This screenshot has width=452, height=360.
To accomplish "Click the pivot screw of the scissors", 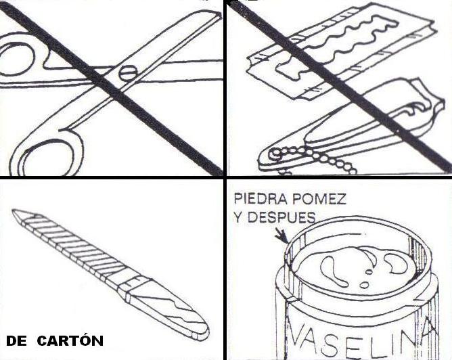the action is click(127, 73).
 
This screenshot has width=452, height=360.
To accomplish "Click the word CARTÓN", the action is click(70, 340).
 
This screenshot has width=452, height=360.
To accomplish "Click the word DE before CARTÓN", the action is click(16, 341).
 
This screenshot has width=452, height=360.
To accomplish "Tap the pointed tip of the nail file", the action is click(14, 211).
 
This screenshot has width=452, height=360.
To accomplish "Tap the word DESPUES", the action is click(281, 218).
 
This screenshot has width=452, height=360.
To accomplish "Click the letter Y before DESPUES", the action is click(239, 218).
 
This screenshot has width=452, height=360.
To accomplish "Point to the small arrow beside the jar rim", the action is click(281, 235).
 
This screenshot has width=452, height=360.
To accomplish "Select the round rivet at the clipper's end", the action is click(275, 154).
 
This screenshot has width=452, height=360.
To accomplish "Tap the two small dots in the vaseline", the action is click(366, 278).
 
